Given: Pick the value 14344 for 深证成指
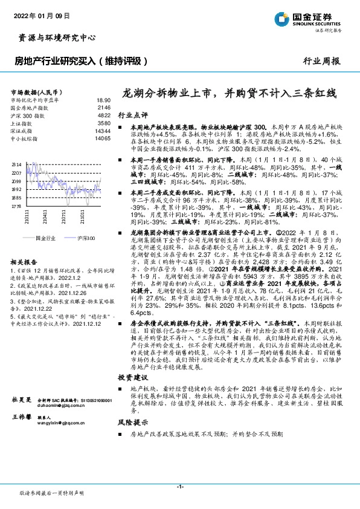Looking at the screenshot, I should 103,131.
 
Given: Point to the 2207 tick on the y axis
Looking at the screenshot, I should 16,173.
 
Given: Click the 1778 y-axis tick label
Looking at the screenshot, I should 16,206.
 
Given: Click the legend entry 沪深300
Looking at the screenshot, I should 86,239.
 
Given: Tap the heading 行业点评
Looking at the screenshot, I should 132,114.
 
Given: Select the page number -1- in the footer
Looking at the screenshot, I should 179,486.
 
